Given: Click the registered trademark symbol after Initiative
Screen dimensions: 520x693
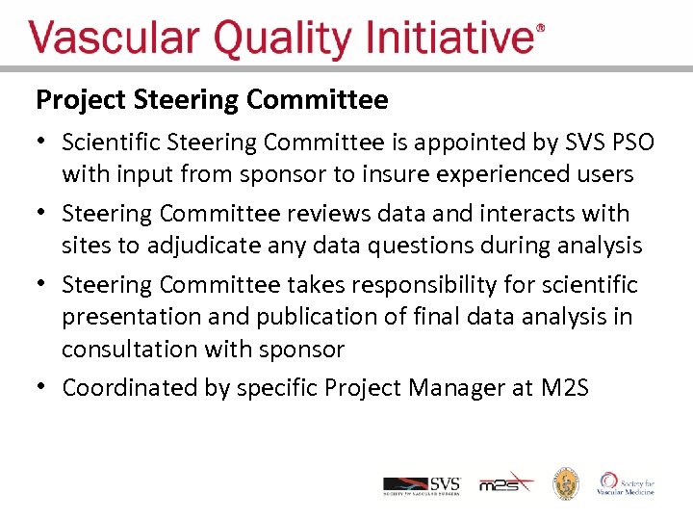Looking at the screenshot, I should tap(540, 31).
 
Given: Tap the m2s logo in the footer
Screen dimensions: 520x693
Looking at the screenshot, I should tap(506, 483).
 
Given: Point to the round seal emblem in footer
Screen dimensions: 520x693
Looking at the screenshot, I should tap(565, 483).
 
